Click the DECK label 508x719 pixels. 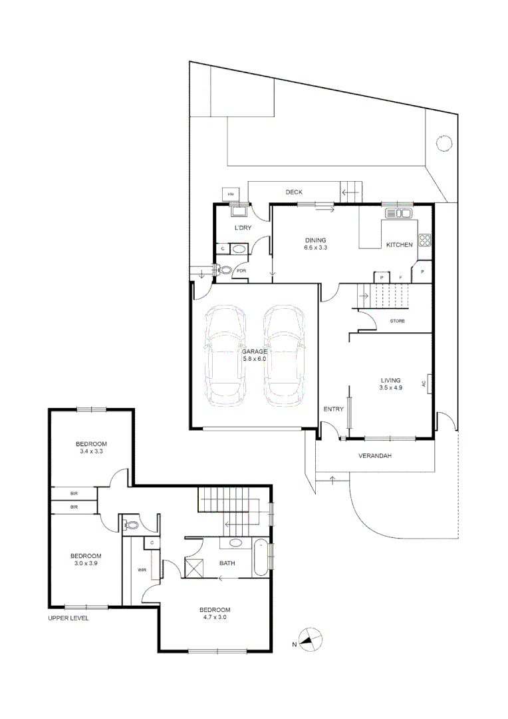click(x=294, y=192)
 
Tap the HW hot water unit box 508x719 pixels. click(x=231, y=194)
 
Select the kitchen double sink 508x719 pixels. click(x=399, y=213)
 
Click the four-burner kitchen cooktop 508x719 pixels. click(x=424, y=240)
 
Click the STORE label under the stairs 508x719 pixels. click(x=397, y=321)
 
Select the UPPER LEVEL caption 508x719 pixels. click(x=68, y=618)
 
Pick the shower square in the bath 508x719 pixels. click(x=194, y=567)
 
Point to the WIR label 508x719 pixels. click(x=142, y=570)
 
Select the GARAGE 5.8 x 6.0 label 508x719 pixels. click(x=254, y=356)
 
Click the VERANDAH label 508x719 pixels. click(x=375, y=456)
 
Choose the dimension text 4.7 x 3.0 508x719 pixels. click(x=215, y=617)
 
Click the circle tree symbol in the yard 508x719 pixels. click(x=444, y=144)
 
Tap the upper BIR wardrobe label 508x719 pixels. click(x=74, y=493)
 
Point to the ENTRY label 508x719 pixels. click(x=334, y=409)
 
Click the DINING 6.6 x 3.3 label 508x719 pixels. click(x=316, y=244)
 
